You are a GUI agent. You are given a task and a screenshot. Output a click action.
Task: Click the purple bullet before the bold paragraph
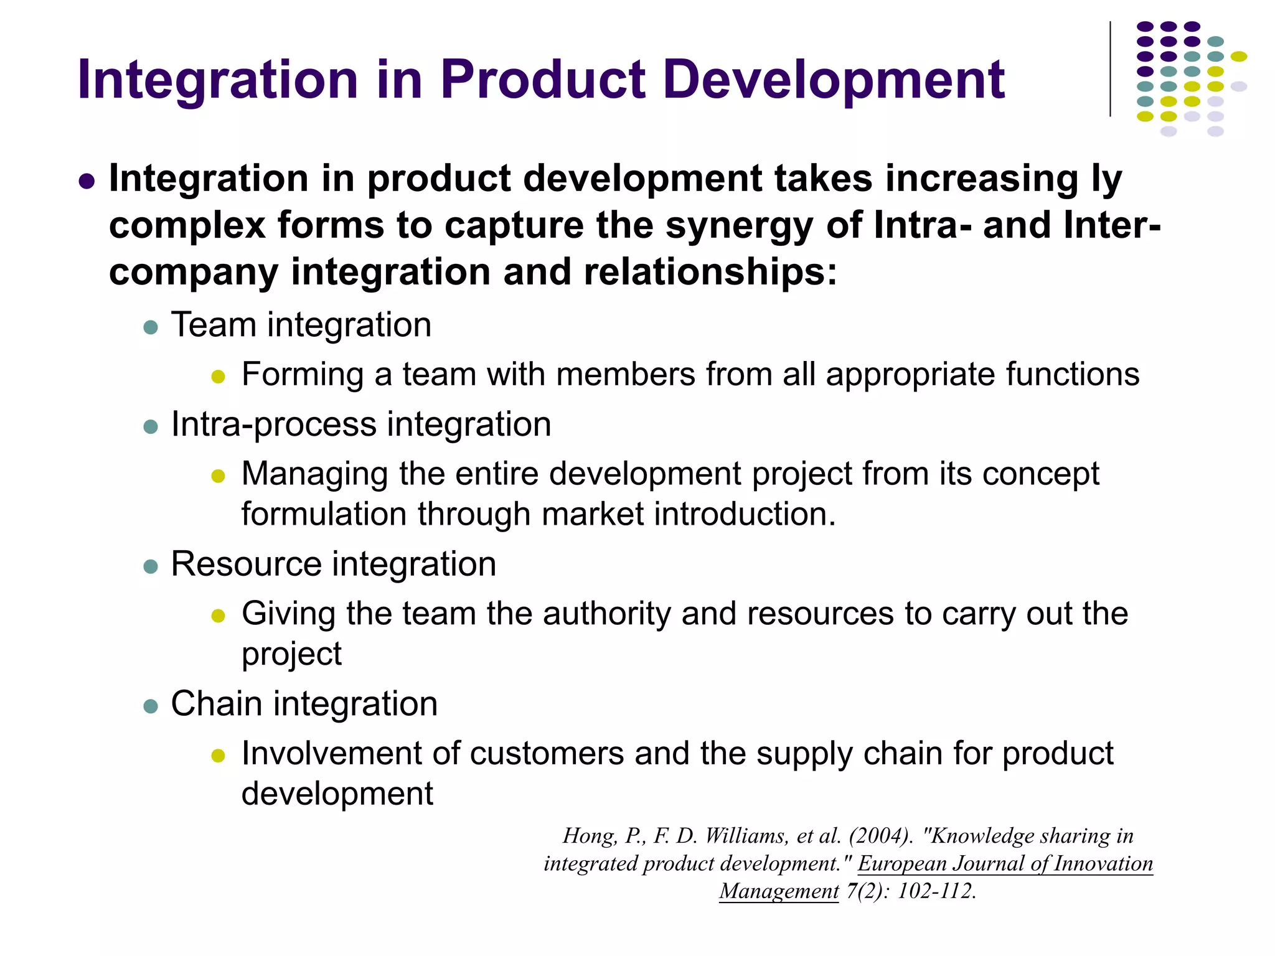pos(87,182)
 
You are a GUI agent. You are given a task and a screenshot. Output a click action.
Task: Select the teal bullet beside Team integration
pos(151,327)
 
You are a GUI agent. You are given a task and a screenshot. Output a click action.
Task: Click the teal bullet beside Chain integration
pos(151,706)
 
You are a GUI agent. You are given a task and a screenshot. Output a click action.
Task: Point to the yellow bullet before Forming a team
pos(218,377)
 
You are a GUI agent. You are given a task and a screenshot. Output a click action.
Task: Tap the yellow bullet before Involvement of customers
pos(218,756)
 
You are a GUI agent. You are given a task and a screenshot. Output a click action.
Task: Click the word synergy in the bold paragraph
pos(739,225)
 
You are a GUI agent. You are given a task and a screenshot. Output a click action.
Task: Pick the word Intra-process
pos(275,424)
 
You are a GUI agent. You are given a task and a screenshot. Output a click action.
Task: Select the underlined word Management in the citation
pos(779,891)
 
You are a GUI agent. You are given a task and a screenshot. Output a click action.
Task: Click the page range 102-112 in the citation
pos(936,891)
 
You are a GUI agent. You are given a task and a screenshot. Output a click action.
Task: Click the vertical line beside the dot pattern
pos(1110,69)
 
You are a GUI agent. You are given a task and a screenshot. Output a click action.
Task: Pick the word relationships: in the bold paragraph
pos(710,272)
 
